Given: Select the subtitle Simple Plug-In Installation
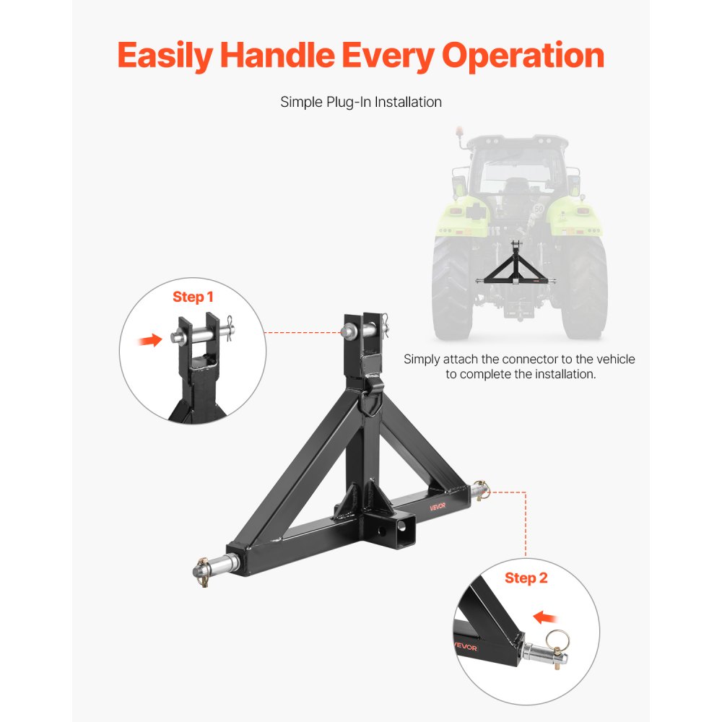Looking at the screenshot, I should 361,102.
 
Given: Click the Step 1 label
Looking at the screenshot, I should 193,297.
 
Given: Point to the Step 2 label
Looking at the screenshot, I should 526,578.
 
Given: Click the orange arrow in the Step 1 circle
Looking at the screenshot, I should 150,340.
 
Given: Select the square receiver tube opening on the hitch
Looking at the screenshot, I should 405,527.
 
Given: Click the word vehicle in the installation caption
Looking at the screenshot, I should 612,359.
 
